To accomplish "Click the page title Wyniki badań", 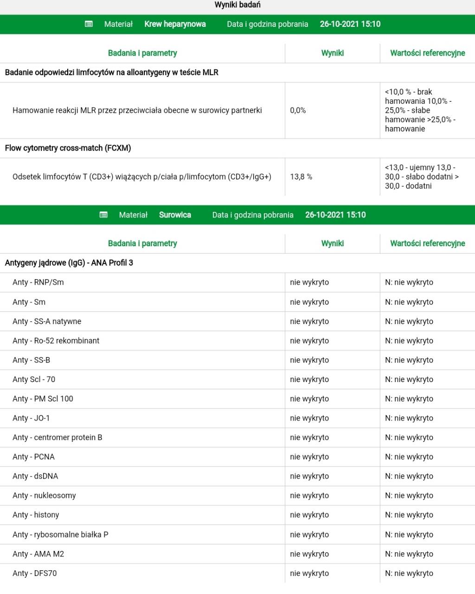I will click(237, 5).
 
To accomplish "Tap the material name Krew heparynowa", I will click(175, 24).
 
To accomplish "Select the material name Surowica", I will click(175, 215).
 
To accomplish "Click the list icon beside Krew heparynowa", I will click(89, 24).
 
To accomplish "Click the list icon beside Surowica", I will click(104, 215).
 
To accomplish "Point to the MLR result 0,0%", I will click(298, 110).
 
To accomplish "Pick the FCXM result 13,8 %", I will click(301, 177).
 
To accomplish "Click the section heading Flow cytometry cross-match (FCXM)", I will click(68, 148).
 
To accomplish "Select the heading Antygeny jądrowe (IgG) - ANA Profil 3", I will click(69, 263).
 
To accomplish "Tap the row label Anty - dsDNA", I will click(35, 476).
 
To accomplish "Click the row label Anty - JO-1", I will click(31, 418).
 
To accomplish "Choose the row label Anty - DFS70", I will click(35, 573).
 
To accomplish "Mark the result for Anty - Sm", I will click(309, 302).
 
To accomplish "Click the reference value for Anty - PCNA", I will click(409, 457).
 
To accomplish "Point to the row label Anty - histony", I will click(36, 515).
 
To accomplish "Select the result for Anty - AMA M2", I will click(309, 554).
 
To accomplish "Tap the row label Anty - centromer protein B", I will click(58, 437).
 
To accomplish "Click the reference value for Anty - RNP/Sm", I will click(409, 282).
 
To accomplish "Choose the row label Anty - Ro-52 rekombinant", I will click(56, 341).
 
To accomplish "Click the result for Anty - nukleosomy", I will click(309, 495).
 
